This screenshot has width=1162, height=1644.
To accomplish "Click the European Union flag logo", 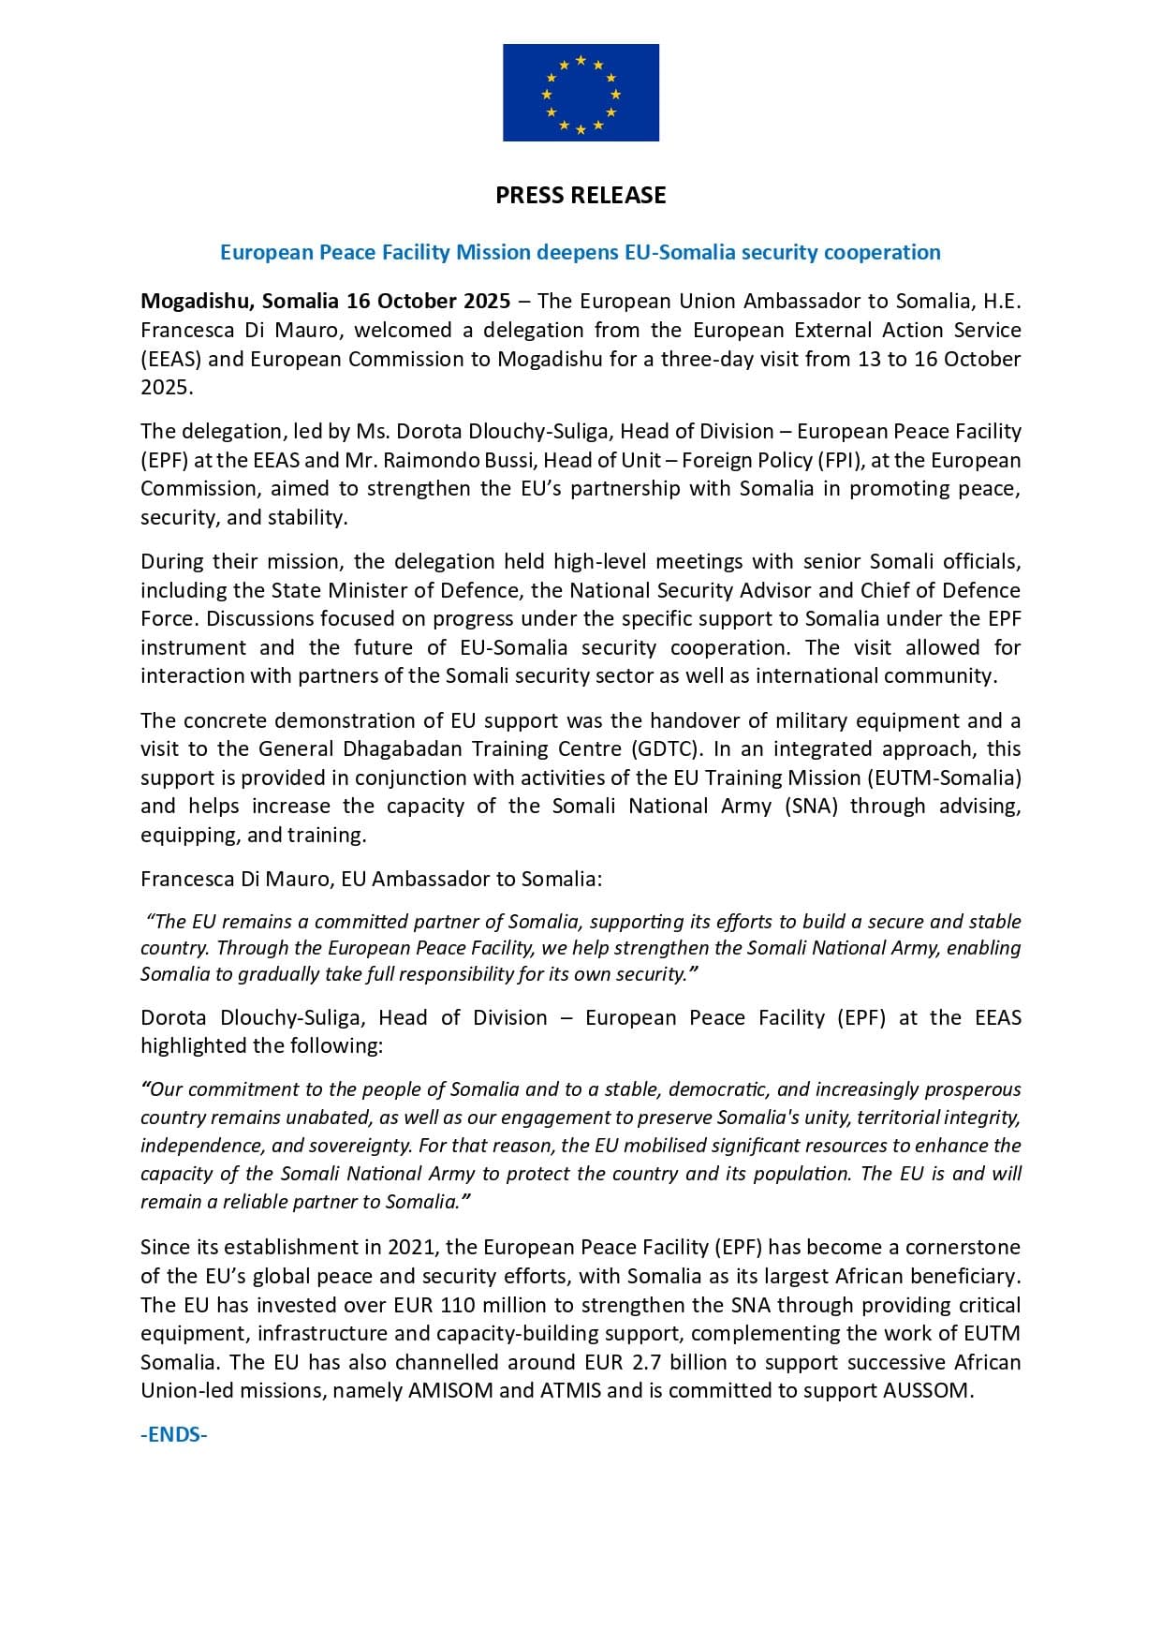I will [581, 93].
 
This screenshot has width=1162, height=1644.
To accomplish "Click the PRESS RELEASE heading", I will [581, 195].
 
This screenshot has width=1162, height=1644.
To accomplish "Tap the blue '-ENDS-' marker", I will [174, 1435].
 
